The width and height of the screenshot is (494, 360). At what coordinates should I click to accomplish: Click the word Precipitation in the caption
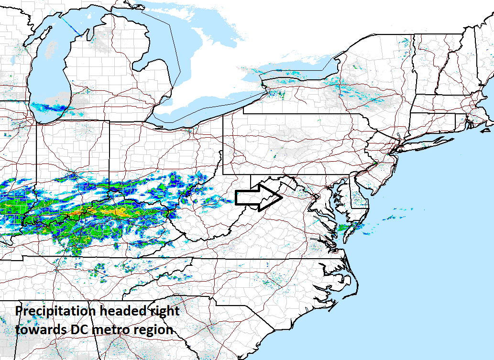(x=55, y=311)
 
